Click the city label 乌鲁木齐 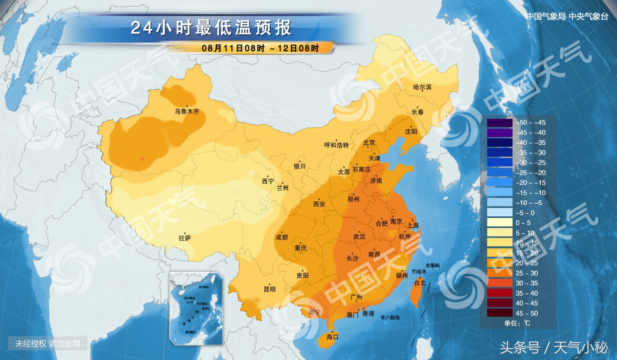pos(187,111)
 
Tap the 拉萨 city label pos(185,238)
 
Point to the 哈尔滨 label pos(422,87)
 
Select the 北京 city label pos(369,143)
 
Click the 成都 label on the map pos(282,237)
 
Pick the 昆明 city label pos(270,289)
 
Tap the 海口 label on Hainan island pos(332,337)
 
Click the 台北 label pos(420,283)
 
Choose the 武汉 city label pos(359,237)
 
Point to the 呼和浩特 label pos(336,145)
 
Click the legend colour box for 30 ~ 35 pos(500,283)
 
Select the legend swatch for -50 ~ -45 pos(500,123)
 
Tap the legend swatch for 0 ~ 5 pos(500,223)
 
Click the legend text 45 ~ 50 pos(526,313)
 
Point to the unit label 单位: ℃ pos(517,323)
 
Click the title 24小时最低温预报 pos(211,28)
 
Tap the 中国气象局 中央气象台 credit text pos(567,16)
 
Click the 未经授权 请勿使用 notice pos(48,343)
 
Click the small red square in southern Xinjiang pos(142,159)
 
